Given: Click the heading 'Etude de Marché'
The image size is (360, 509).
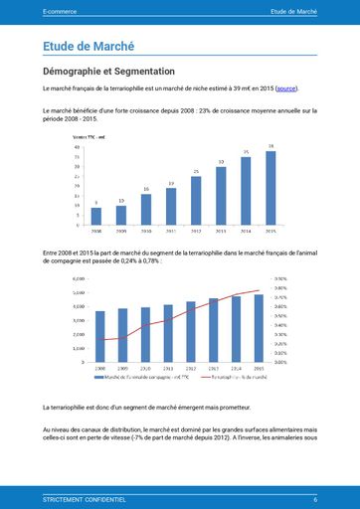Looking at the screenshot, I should (90, 46).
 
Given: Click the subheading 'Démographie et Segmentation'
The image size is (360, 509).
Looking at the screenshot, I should (109, 72).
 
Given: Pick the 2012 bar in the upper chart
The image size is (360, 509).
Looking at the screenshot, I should (196, 200).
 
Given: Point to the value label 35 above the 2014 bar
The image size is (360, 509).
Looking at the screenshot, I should (246, 152).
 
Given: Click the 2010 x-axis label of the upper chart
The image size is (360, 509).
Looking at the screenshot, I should (146, 230).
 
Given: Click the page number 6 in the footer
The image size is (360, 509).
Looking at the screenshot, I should (314, 498).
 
